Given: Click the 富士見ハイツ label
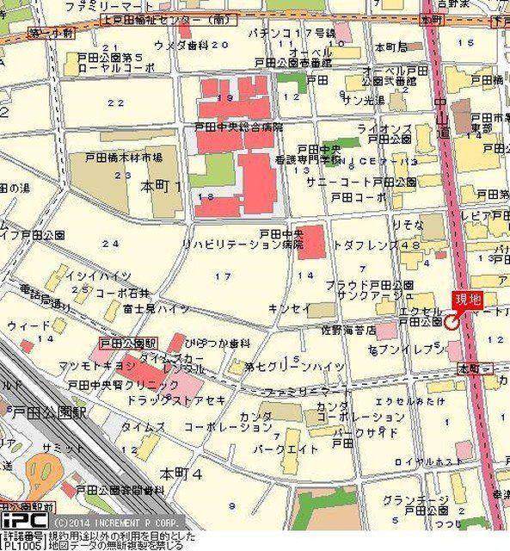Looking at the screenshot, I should click(x=156, y=307).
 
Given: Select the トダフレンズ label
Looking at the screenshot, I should click(x=368, y=245).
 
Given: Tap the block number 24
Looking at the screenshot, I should click(x=109, y=244).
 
